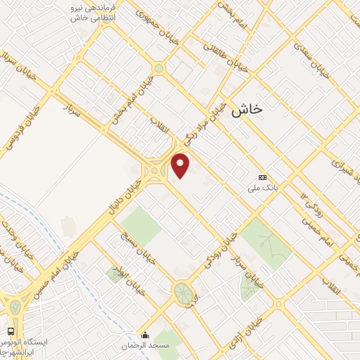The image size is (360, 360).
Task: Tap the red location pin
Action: click(181, 165)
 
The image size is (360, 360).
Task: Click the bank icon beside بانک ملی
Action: click(263, 177)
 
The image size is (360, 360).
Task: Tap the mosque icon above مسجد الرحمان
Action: click(146, 334)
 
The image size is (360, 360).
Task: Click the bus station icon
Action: click(11, 330)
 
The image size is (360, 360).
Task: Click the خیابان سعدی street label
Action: click(310, 58)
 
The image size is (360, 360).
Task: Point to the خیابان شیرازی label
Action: click(342, 162)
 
